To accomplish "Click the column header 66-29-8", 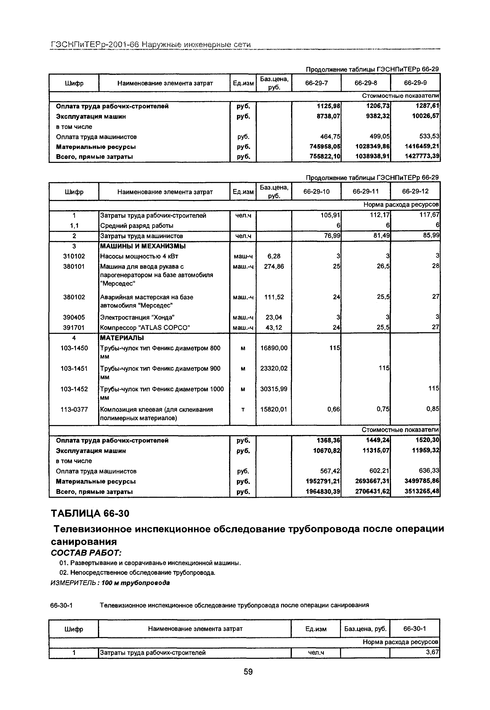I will point(366,83).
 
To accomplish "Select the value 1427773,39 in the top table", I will point(422,156).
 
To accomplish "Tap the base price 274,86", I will point(274,266).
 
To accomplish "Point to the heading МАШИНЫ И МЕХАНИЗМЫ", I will point(143,246).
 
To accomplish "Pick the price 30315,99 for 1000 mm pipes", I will point(274,389).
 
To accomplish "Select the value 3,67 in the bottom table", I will point(432,652).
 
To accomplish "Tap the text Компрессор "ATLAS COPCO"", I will point(145,328).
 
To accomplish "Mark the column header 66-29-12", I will point(415,191).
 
